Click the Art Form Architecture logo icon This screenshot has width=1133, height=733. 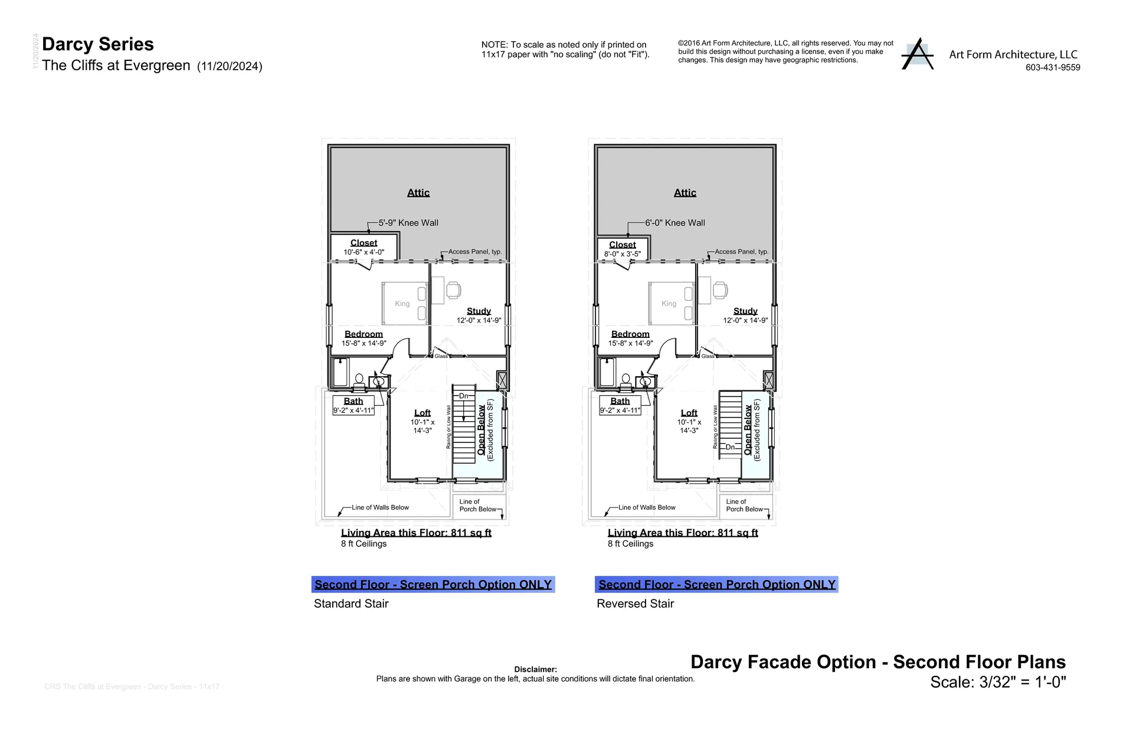click(x=917, y=54)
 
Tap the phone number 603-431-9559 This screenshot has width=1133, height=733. click(x=1052, y=67)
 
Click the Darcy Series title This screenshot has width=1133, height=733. click(x=98, y=44)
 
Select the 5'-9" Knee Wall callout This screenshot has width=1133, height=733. click(x=408, y=223)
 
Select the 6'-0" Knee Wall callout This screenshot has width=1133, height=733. click(x=674, y=223)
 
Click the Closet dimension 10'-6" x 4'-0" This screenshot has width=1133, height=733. click(x=364, y=252)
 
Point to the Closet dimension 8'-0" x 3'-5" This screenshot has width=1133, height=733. click(x=622, y=254)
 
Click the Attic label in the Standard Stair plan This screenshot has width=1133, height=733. click(x=418, y=193)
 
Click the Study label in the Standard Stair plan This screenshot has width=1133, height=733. click(x=479, y=311)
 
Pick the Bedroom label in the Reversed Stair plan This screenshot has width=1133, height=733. click(x=630, y=334)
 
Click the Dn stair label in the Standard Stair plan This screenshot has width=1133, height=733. click(x=464, y=396)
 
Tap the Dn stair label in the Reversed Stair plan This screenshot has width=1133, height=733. click(x=730, y=447)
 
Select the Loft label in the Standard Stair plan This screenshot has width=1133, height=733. click(x=422, y=413)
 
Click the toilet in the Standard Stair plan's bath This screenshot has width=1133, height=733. click(x=359, y=381)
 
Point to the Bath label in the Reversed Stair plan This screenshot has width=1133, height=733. click(x=620, y=401)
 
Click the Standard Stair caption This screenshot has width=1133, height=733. click(x=351, y=604)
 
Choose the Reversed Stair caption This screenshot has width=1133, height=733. click(x=635, y=604)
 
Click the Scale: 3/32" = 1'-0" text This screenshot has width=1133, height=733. click(x=998, y=682)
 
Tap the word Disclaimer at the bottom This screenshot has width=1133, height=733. click(x=535, y=669)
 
